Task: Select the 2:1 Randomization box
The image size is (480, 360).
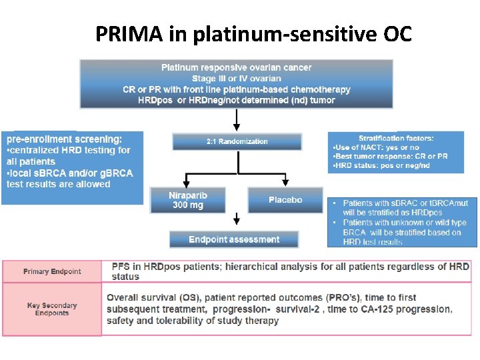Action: click(237, 141)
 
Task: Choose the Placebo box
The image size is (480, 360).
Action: click(285, 200)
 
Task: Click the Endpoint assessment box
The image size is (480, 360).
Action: click(234, 239)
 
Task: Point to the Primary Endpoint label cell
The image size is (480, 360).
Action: click(52, 271)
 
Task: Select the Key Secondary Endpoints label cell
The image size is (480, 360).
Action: click(52, 309)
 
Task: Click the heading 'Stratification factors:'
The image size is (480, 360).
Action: click(396, 139)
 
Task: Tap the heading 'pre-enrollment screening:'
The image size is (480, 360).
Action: click(65, 139)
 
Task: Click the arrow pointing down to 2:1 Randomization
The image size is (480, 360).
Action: click(236, 120)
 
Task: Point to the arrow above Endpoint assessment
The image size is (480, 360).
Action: click(236, 221)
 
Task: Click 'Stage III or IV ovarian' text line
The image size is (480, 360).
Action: click(237, 79)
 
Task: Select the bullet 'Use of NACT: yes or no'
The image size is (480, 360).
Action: click(377, 147)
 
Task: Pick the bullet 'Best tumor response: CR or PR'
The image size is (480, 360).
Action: click(391, 156)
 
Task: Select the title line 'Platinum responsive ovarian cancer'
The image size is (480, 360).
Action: click(237, 67)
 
